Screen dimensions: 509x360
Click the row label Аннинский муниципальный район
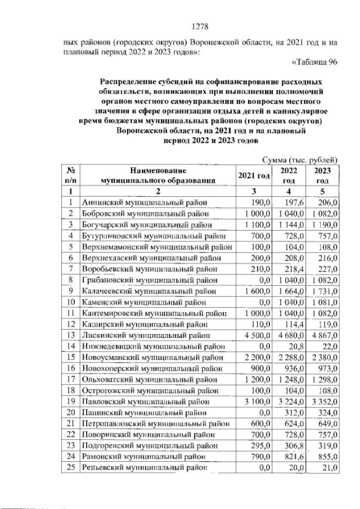point(145,202)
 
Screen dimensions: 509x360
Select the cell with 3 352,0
point(325,402)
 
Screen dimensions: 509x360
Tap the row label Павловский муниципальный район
point(144,402)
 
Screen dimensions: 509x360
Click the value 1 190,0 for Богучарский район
point(325,225)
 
